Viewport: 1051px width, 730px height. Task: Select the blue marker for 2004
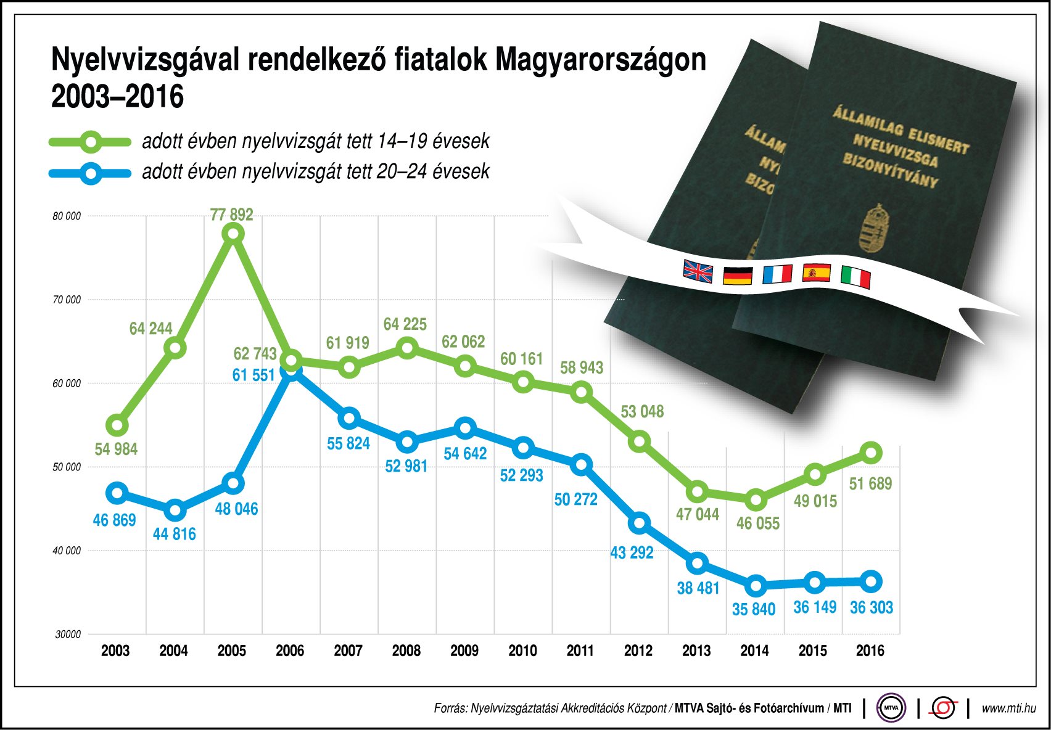tap(175, 510)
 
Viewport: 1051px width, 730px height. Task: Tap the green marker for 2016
tap(871, 453)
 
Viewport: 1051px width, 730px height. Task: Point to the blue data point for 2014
tap(756, 585)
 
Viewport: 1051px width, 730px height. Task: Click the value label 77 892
tap(231, 215)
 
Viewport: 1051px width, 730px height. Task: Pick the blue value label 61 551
tap(253, 375)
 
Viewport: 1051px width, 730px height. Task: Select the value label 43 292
tap(632, 552)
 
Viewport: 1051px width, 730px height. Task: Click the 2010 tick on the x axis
tap(522, 650)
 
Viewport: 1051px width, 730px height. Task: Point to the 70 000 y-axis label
tap(67, 300)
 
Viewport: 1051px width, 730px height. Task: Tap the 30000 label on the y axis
tap(68, 634)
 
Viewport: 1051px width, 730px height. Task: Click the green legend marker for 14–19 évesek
tap(91, 142)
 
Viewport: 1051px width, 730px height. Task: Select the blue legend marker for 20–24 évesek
tap(91, 173)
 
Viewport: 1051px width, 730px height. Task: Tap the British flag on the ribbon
tap(698, 271)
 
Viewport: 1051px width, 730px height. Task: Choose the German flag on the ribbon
tap(737, 275)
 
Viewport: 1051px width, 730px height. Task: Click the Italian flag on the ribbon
tap(855, 277)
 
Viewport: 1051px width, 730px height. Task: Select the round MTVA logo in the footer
tap(891, 708)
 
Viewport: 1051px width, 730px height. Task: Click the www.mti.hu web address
tap(1008, 708)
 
